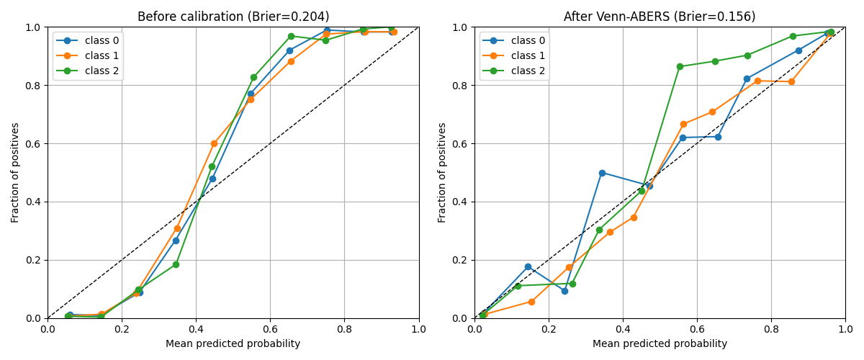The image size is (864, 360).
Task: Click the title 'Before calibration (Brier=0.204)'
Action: click(x=233, y=17)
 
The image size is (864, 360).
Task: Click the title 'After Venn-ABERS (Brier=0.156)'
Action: click(x=660, y=17)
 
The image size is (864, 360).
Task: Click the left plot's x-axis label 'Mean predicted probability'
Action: click(x=233, y=344)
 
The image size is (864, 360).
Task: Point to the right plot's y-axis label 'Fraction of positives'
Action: click(x=443, y=173)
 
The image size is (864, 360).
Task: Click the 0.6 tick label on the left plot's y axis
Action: click(x=33, y=143)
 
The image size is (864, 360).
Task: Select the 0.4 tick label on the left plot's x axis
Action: click(x=196, y=330)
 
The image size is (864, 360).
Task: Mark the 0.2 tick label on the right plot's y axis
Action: click(x=460, y=260)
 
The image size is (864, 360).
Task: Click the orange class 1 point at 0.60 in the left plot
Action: click(x=214, y=143)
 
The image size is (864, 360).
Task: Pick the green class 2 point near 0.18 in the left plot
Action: click(x=176, y=264)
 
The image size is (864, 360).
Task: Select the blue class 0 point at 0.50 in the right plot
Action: click(x=602, y=173)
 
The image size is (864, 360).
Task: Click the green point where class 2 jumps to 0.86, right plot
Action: click(x=680, y=66)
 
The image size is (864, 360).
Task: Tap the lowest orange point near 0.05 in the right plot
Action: click(x=531, y=302)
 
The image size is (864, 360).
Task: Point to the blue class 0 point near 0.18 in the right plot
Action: click(x=528, y=266)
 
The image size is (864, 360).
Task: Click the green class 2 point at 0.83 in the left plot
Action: click(x=253, y=77)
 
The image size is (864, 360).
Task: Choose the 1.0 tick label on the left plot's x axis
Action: click(x=419, y=330)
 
